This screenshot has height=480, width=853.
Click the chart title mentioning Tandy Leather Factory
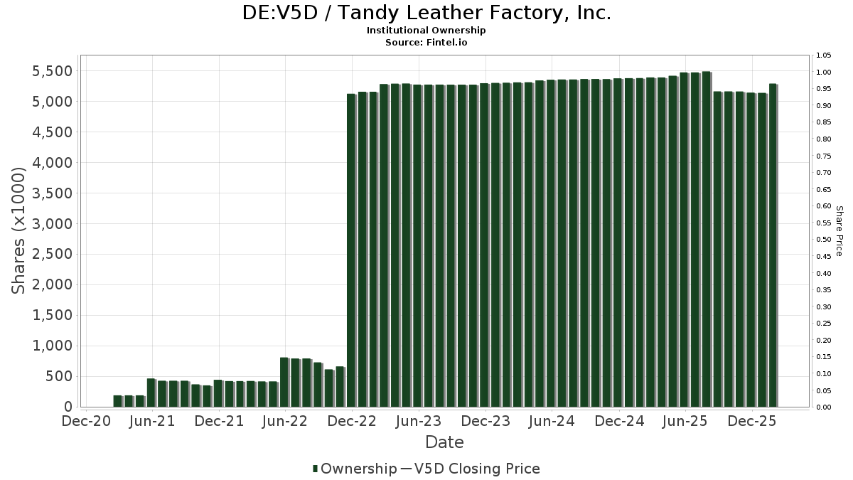pyautogui.click(x=426, y=13)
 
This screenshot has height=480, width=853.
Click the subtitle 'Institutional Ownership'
pyautogui.click(x=426, y=31)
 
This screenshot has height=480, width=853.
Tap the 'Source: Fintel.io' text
pyautogui.click(x=426, y=42)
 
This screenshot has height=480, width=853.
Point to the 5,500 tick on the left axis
pyautogui.click(x=53, y=71)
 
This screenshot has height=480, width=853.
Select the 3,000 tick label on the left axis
pyautogui.click(x=53, y=224)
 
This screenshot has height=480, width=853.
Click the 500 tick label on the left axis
pyautogui.click(x=60, y=377)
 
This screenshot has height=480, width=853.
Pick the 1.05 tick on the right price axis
pyautogui.click(x=824, y=55)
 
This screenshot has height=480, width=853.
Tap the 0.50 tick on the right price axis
pyautogui.click(x=824, y=240)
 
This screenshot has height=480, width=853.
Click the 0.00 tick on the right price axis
pyautogui.click(x=824, y=407)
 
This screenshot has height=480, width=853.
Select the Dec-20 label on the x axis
pyautogui.click(x=86, y=422)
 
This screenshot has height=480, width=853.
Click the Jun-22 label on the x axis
pyautogui.click(x=285, y=422)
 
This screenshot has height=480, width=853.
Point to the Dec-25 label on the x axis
pyautogui.click(x=752, y=422)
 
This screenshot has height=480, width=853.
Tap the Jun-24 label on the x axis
pyautogui.click(x=552, y=422)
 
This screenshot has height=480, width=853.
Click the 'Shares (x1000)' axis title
pyautogui.click(x=19, y=230)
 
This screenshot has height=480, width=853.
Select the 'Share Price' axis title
pyautogui.click(x=839, y=230)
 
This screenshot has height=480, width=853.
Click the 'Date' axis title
pyautogui.click(x=444, y=442)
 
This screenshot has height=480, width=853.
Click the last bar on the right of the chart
pyautogui.click(x=773, y=245)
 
